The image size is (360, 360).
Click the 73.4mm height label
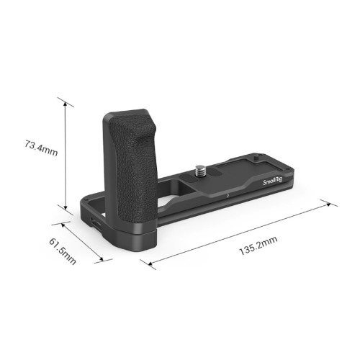tap(40, 150)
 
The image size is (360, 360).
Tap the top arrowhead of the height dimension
tap(66, 102)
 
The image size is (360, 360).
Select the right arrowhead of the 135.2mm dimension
tap(332, 204)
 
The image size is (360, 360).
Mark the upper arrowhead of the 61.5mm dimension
tap(63, 223)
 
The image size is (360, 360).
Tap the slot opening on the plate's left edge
tap(94, 220)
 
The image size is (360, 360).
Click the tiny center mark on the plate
tap(227, 194)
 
